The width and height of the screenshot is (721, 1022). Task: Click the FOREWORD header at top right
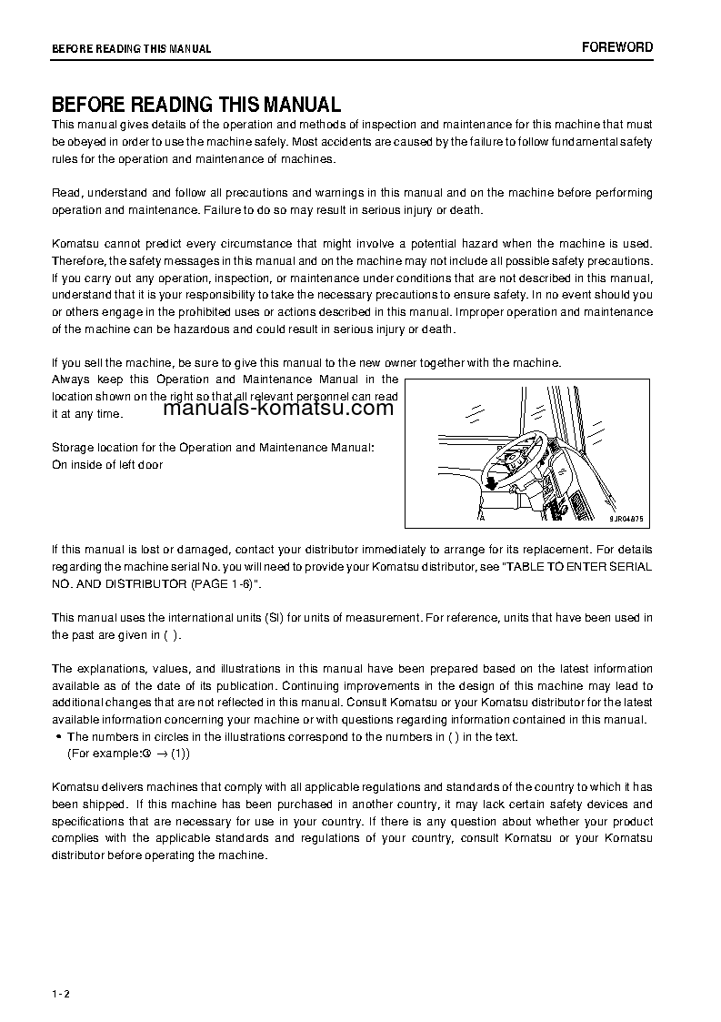[x=617, y=47]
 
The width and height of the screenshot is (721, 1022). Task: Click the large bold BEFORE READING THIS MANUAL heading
[x=195, y=105]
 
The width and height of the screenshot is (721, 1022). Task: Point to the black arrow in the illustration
[x=491, y=483]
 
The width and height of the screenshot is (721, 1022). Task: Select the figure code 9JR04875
[x=626, y=518]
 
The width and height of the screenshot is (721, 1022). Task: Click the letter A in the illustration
[x=481, y=516]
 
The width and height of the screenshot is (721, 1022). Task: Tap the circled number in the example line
[x=146, y=754]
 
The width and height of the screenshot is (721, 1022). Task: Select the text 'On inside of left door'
[x=107, y=465]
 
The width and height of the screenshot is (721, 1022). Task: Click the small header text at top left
[x=131, y=49]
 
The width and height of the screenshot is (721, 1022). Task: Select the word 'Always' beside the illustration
[x=70, y=379]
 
